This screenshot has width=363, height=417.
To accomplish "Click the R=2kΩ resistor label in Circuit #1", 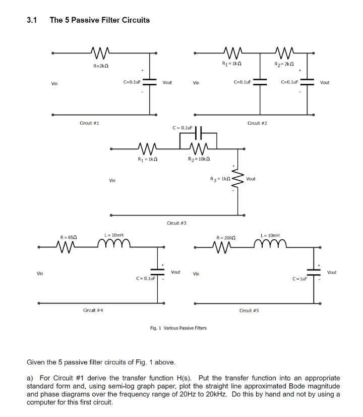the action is click(101, 66).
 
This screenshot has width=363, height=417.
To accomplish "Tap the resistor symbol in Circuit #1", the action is click(100, 53).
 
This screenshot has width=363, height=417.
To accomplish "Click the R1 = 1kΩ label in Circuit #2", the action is click(231, 64).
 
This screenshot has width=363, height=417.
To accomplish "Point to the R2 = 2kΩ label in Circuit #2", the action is click(284, 64).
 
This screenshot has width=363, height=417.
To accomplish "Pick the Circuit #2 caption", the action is click(257, 123).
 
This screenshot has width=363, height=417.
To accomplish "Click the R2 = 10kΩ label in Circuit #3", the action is click(199, 159).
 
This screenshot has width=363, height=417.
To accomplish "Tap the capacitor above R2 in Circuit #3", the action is click(198, 133).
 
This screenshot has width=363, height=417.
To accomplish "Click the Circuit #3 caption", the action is click(176, 223).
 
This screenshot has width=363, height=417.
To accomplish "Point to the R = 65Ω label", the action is click(69, 237).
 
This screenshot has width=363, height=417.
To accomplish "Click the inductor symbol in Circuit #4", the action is click(114, 243).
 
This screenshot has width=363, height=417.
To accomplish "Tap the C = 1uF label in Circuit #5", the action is click(300, 279).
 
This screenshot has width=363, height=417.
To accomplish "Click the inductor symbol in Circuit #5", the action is click(270, 243).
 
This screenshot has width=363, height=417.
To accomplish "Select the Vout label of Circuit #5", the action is click(332, 272).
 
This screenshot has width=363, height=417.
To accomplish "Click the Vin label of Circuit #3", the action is click(112, 181).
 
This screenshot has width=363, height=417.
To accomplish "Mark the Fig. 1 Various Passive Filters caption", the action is click(178, 328).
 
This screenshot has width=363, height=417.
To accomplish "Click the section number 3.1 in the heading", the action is click(32, 20).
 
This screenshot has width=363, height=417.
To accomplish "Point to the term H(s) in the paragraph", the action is click(184, 378).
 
